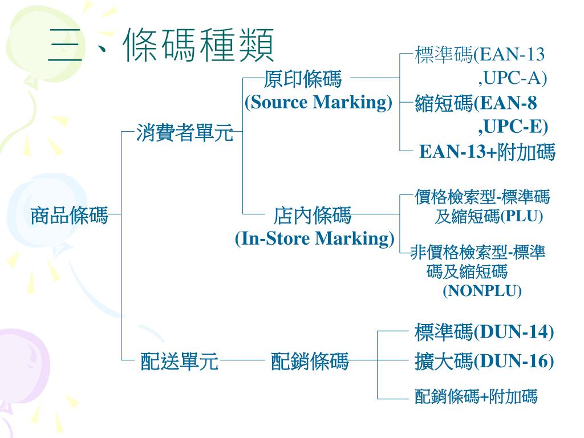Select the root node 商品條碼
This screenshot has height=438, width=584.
pos(69,216)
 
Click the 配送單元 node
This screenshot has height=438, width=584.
pos(180,361)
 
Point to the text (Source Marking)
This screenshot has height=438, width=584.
pos(318,103)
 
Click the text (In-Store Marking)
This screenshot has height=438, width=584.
pos(314,238)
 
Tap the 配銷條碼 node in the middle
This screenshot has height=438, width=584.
pos(310,361)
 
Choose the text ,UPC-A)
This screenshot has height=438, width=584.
pos(512,78)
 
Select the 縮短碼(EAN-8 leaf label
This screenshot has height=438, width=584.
pos(476,104)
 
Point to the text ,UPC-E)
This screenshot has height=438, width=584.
pos(513,125)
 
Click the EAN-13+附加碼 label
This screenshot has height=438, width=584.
pos(487,152)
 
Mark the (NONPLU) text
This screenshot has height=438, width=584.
pos(482,291)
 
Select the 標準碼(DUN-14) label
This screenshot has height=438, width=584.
pos(484,331)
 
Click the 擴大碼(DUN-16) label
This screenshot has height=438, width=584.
pos(484,361)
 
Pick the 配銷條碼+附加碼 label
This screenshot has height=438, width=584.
pos(476,396)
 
